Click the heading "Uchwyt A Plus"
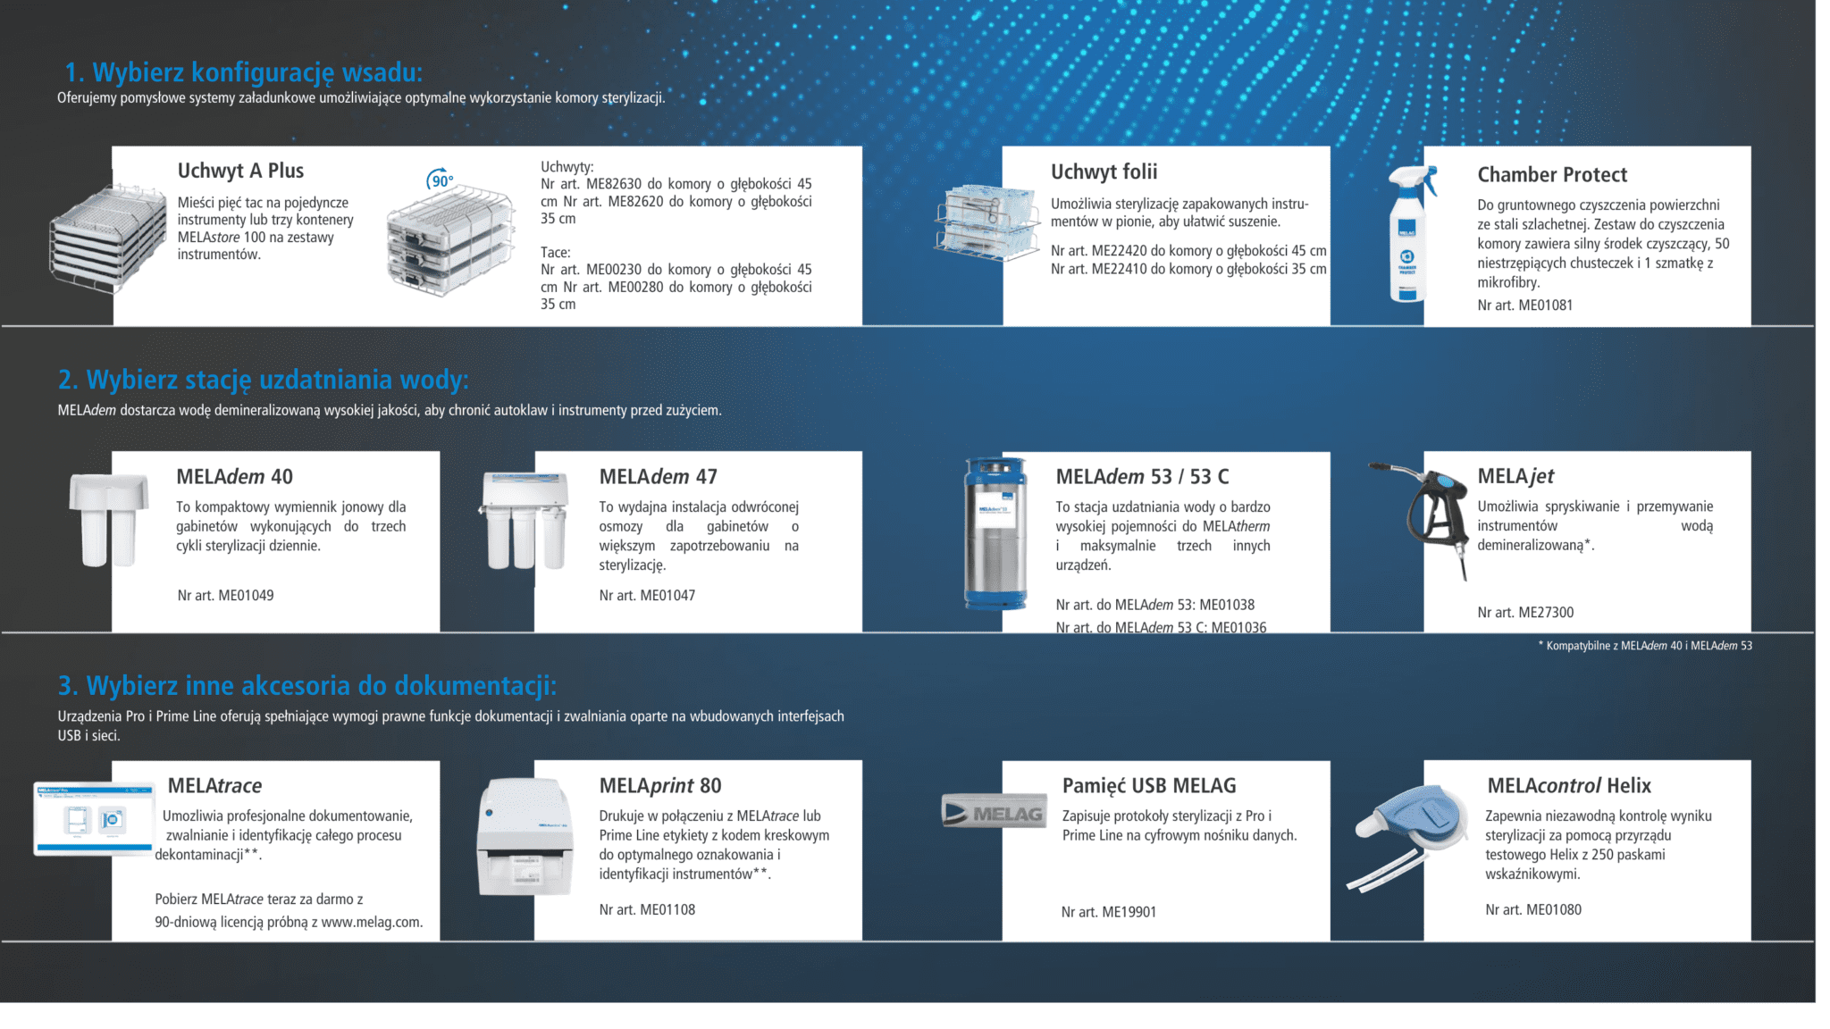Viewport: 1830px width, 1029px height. point(240,171)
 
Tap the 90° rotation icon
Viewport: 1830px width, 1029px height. point(440,179)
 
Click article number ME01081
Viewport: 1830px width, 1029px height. point(1524,305)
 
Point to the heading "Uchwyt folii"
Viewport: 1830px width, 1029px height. point(1104,171)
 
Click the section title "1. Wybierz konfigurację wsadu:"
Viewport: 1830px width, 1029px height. point(244,72)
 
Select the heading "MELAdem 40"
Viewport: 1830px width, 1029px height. point(234,476)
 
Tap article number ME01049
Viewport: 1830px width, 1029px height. point(225,596)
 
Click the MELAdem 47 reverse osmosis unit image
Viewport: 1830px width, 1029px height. point(525,521)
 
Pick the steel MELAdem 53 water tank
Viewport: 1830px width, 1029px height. point(995,533)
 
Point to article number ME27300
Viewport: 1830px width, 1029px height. point(1525,613)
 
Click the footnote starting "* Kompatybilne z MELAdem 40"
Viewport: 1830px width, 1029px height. point(1645,646)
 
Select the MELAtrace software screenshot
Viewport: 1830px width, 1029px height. point(94,819)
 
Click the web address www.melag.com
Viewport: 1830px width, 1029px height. point(371,922)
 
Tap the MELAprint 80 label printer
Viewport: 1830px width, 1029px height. point(525,837)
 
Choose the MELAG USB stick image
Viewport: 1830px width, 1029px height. point(994,811)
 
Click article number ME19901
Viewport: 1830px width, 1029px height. point(1108,912)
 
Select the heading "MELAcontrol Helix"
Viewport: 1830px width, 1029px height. point(1569,786)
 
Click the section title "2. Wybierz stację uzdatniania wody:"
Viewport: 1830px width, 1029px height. point(264,380)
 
